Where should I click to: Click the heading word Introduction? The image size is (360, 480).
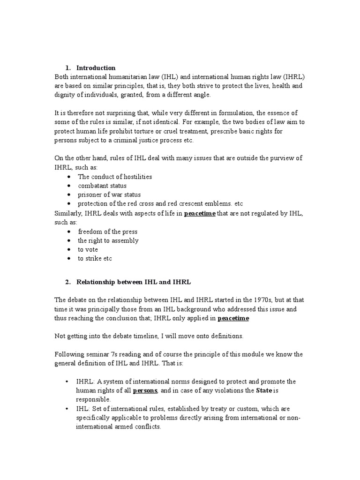click(x=96, y=68)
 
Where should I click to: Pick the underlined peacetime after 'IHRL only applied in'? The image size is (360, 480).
click(x=233, y=318)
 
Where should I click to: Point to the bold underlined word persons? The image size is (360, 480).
click(x=146, y=390)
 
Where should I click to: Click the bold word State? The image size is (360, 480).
click(x=263, y=390)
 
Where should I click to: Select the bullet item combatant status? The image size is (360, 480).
click(x=102, y=186)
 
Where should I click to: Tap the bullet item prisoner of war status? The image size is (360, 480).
click(x=109, y=195)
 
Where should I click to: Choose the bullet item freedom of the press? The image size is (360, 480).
click(x=108, y=232)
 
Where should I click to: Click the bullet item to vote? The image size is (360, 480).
click(x=88, y=249)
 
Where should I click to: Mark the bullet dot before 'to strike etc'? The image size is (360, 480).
click(x=69, y=258)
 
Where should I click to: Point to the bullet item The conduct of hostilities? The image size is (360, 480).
click(x=115, y=177)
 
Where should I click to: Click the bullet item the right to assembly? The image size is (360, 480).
click(x=108, y=240)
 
